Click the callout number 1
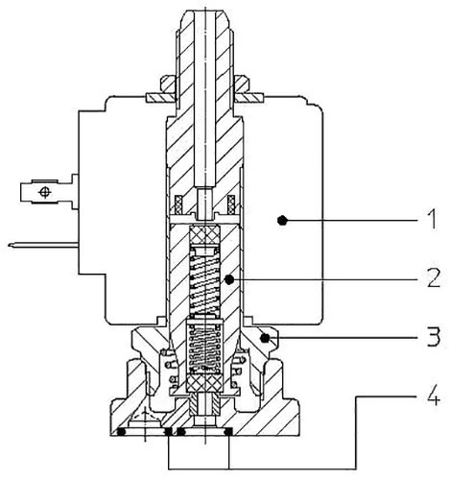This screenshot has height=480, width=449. point(432,219)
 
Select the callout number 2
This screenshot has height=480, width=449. point(435,277)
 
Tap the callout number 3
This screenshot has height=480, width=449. point(434,336)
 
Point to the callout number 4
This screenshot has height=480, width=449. point(434,396)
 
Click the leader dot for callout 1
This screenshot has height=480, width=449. point(282,220)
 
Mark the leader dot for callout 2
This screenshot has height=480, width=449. point(229,279)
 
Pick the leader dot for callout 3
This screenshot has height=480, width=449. point(265,338)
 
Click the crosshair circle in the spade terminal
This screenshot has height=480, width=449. point(45,192)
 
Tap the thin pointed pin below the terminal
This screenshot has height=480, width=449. point(43,246)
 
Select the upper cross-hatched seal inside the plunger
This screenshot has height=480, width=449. point(204,236)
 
